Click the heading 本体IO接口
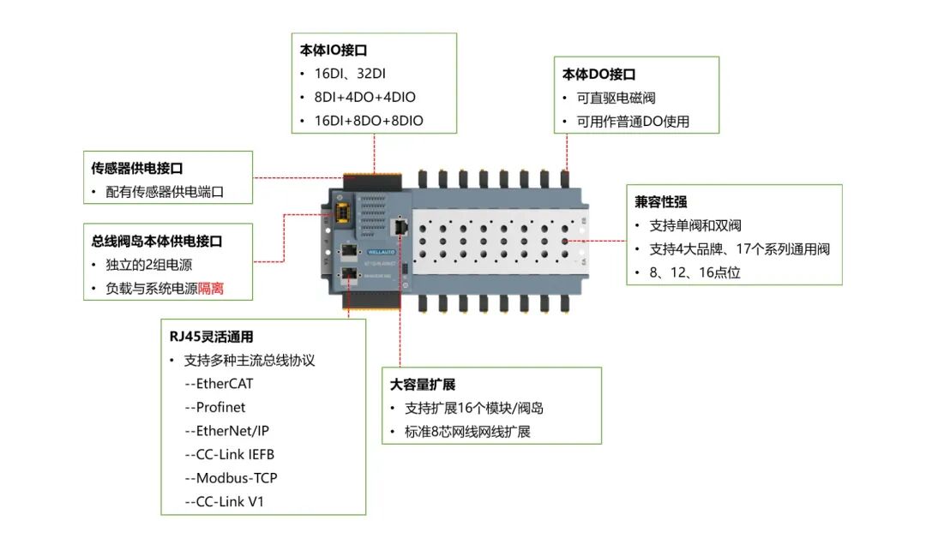(334, 50)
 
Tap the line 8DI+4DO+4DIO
(364, 98)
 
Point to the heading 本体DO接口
(599, 75)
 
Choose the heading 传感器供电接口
(137, 169)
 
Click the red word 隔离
(213, 289)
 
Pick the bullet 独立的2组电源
(149, 265)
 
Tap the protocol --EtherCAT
(219, 384)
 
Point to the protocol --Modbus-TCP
(231, 478)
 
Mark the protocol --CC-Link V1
(224, 501)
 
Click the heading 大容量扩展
(422, 385)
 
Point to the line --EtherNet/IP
(226, 431)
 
